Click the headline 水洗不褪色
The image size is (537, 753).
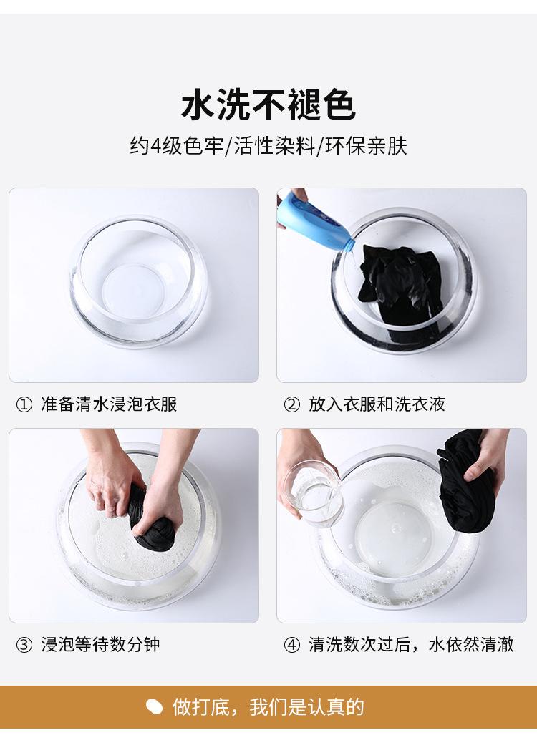click(268, 105)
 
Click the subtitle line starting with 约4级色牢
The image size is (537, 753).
click(268, 146)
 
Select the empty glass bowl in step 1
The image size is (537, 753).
click(138, 281)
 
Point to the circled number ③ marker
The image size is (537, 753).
click(24, 645)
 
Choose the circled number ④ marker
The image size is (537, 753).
click(291, 645)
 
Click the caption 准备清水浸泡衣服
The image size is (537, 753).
click(109, 404)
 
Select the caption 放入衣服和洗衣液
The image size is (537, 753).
click(377, 404)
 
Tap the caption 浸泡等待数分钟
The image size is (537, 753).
click(100, 644)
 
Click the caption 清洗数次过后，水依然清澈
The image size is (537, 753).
click(411, 644)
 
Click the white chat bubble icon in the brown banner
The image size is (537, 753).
click(154, 707)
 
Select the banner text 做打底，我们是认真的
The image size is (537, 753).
click(268, 707)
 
